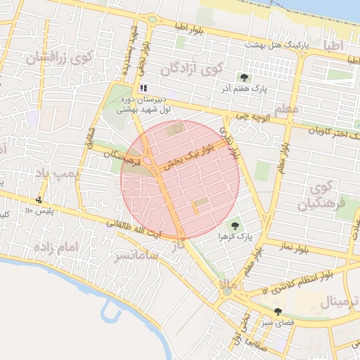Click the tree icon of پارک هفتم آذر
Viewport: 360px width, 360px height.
coord(244,77)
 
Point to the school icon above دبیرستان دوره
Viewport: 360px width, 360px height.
coord(143,89)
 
